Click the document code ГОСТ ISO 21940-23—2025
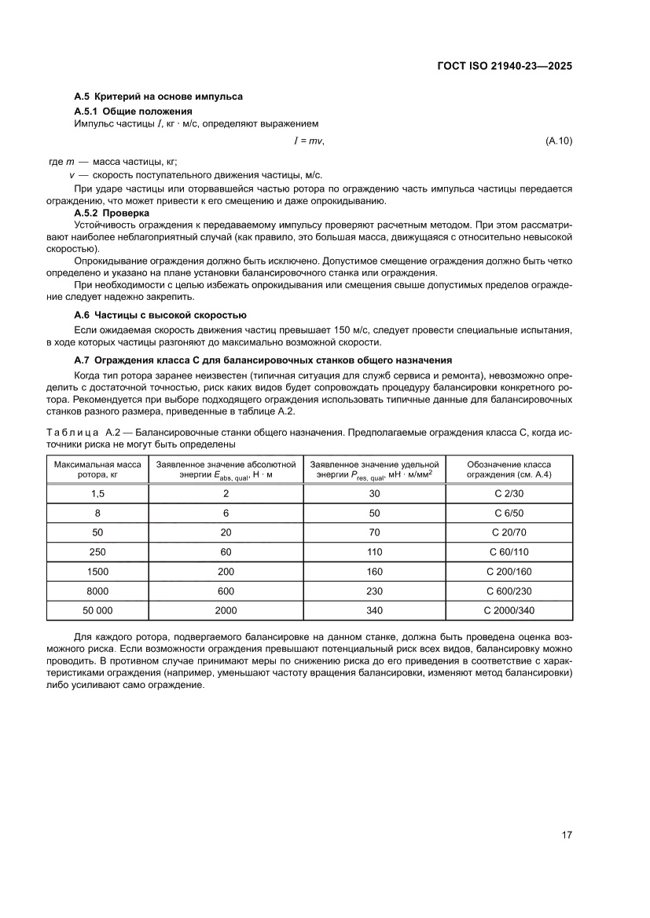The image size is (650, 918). coord(503,67)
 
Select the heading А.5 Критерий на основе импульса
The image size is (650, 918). coord(158,97)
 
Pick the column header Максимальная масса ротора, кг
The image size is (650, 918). coord(97,470)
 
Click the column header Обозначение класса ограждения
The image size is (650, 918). coord(509,470)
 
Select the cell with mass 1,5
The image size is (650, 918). coord(97,493)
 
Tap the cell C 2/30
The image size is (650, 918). coord(509,493)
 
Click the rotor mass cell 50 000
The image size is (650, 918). coord(97,611)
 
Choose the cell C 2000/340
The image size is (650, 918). coord(509,611)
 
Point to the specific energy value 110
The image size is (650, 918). coord(374,552)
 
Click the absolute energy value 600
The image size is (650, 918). coord(226,591)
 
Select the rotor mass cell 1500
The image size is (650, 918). coord(97,572)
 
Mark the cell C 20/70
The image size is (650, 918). coord(509,532)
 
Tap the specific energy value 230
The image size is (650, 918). coord(374,591)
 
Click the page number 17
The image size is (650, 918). coord(566,834)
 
